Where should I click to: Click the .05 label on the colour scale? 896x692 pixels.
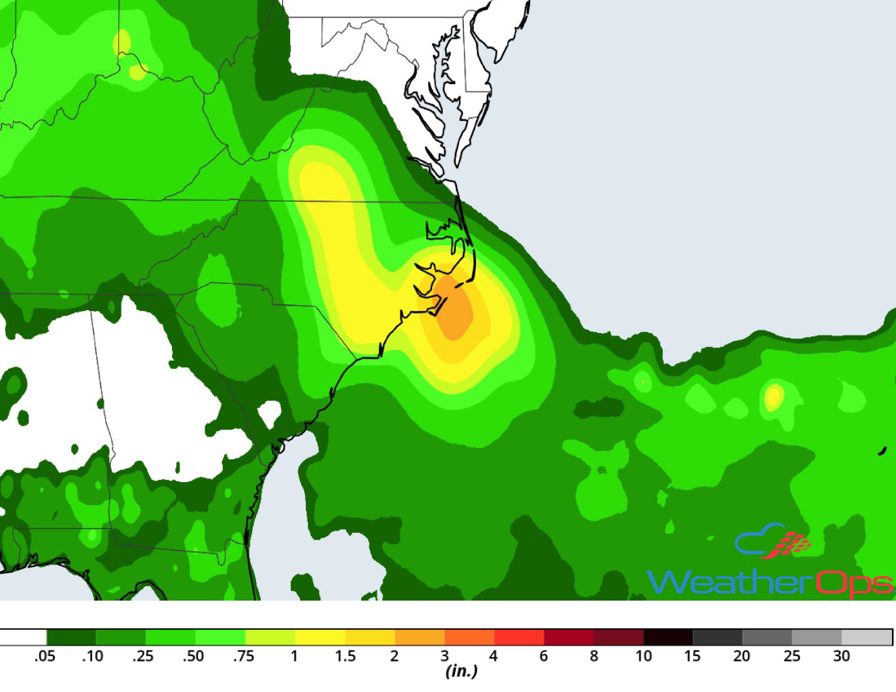(46, 656)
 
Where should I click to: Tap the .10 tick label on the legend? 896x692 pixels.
(96, 656)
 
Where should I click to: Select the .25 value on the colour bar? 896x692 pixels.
(146, 656)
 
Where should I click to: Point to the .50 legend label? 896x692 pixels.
(196, 656)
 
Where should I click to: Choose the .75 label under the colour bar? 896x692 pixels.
(245, 656)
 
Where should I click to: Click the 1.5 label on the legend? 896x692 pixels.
(345, 656)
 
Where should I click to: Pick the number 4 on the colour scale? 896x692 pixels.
(494, 656)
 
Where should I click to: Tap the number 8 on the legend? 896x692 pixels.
(594, 656)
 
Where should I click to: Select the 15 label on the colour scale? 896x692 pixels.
(692, 656)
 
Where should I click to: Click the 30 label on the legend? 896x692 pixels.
(841, 656)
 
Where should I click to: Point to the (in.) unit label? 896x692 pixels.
(461, 672)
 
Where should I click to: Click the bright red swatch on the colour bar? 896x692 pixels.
(519, 637)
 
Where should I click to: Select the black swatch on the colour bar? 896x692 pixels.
(668, 637)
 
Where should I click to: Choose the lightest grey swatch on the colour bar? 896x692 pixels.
(867, 637)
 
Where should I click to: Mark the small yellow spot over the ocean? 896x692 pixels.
(773, 397)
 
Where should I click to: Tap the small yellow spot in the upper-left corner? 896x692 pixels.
(122, 41)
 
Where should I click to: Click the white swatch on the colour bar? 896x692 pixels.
(23, 637)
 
